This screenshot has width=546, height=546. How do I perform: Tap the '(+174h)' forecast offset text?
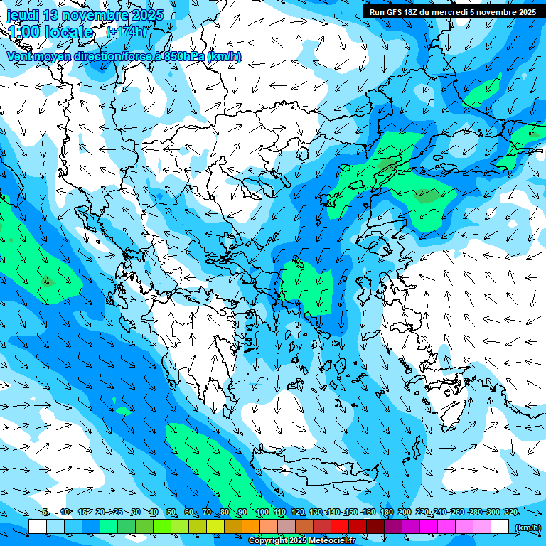tap(126, 32)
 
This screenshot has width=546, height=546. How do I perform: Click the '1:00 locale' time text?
tap(50, 32)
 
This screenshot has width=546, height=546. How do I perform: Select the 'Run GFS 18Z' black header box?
tap(453, 11)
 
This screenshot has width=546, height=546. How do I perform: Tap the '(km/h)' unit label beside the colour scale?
tap(527, 527)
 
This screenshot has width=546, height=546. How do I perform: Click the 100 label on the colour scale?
tap(262, 513)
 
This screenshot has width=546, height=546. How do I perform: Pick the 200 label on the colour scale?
tap(404, 513)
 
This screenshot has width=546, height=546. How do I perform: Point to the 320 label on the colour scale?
tap(510, 513)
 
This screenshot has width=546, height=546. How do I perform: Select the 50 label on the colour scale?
tap(171, 513)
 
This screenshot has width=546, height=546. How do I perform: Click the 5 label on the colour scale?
tap(45, 513)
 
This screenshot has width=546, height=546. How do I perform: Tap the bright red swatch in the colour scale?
tap(340, 527)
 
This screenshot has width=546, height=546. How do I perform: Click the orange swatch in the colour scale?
tap(251, 527)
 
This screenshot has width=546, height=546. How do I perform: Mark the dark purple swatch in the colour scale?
tap(393, 527)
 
